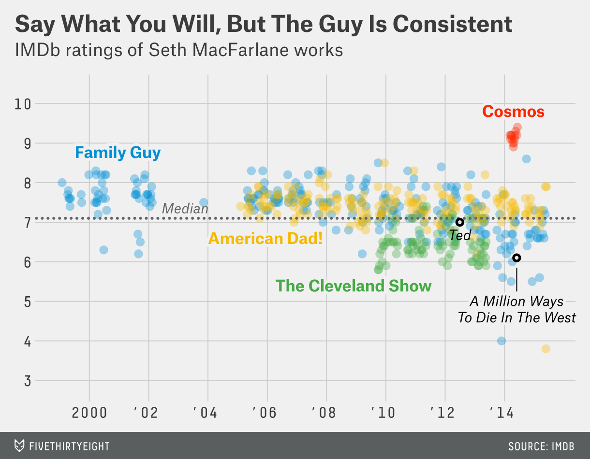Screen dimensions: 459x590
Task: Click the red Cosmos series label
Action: pyautogui.click(x=513, y=112)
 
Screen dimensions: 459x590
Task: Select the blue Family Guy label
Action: pyautogui.click(x=118, y=153)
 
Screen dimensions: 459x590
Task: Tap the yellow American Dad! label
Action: pyautogui.click(x=265, y=238)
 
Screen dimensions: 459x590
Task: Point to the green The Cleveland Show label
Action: pyautogui.click(x=353, y=286)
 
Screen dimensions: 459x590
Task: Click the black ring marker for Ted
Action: pyautogui.click(x=459, y=222)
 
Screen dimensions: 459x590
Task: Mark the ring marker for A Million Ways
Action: pyautogui.click(x=516, y=258)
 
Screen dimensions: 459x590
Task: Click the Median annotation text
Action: pyautogui.click(x=185, y=209)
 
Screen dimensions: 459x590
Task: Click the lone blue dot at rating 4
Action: pyautogui.click(x=501, y=341)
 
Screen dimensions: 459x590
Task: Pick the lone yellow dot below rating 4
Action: pyautogui.click(x=546, y=349)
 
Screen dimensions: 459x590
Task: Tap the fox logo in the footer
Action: pyautogui.click(x=19, y=445)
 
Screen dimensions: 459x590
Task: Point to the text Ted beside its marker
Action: pyautogui.click(x=459, y=235)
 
